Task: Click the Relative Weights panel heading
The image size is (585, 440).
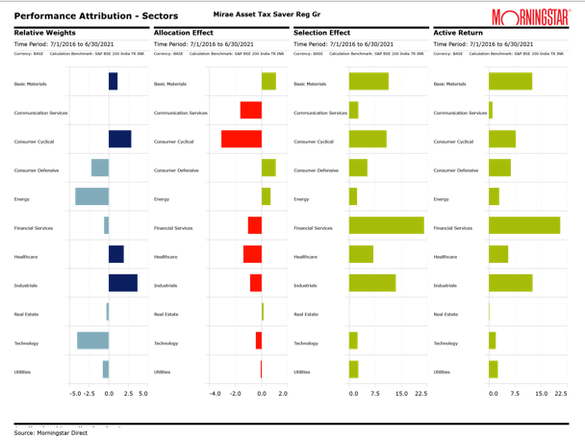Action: tap(45, 33)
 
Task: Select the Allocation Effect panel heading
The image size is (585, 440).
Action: tap(184, 33)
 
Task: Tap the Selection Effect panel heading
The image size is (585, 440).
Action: tap(321, 33)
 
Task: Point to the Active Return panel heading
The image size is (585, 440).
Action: tap(457, 33)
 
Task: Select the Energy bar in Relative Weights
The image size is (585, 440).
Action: tap(92, 196)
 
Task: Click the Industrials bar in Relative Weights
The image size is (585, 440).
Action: tap(122, 283)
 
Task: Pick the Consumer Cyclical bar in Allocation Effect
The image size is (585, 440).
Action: tap(242, 139)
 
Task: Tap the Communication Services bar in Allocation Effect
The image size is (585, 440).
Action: tap(250, 110)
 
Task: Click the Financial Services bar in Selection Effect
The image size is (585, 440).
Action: tap(386, 225)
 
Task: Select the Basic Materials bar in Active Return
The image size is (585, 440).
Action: tap(510, 81)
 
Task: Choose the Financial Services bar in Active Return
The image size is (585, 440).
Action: tap(524, 225)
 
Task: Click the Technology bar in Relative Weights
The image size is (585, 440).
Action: tap(92, 340)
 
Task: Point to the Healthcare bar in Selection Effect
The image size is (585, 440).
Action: tap(361, 254)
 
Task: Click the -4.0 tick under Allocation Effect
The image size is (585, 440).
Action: tap(216, 394)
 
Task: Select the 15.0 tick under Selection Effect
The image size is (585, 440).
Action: tap(402, 394)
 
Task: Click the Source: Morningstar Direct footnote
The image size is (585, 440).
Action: tap(50, 432)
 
